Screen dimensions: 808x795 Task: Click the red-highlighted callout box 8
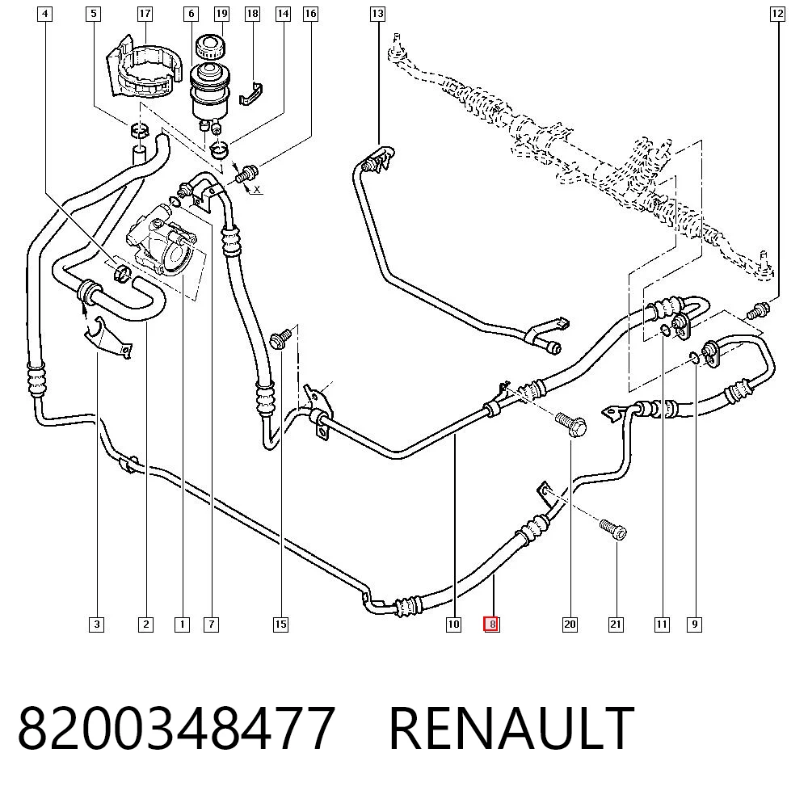coord(491,625)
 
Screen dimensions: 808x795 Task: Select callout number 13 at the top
coord(377,14)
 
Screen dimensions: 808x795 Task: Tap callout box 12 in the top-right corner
coord(777,14)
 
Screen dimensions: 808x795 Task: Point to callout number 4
coord(45,14)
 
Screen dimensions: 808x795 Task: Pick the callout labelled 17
coord(145,14)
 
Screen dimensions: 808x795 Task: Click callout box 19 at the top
coord(221,14)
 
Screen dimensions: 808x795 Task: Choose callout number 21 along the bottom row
coord(616,625)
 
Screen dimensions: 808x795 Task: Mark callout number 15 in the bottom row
coord(280,625)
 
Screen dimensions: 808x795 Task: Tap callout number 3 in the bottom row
coord(96,625)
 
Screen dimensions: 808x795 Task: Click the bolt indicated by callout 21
coord(613,529)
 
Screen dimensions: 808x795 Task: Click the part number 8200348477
coord(177,727)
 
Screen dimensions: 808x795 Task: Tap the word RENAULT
coord(511,727)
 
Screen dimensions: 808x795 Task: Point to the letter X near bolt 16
coord(257,190)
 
